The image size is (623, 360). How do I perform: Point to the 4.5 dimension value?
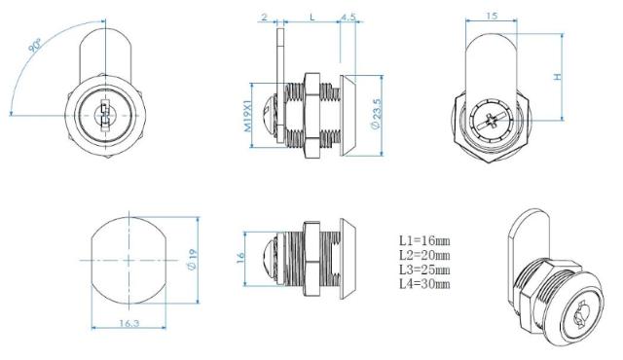point(348,17)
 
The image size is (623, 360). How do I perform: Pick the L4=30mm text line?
point(424,283)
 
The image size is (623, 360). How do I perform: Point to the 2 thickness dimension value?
point(263,17)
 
